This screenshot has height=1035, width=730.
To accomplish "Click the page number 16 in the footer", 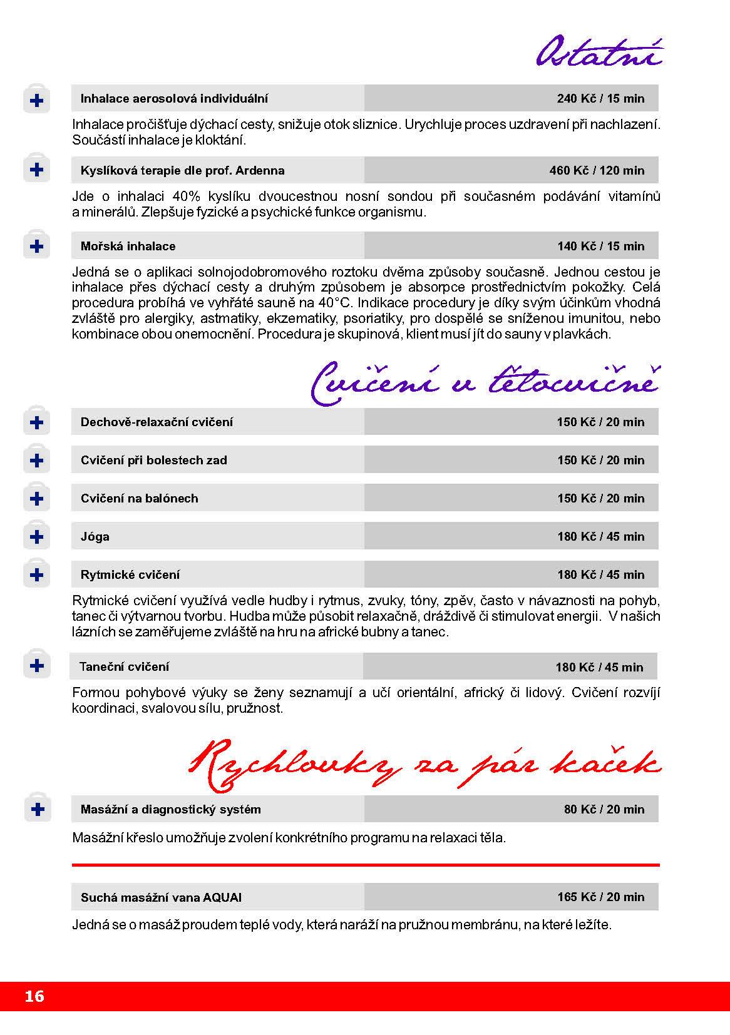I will tap(35, 996).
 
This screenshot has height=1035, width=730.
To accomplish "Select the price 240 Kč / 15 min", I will tap(600, 98).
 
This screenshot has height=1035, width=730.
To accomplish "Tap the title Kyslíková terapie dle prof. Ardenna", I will tap(182, 170).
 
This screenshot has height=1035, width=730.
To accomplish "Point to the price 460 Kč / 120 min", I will tap(596, 170).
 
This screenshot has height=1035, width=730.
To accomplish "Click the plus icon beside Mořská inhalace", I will tap(37, 246).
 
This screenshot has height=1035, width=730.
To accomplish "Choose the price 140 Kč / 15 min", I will tap(600, 246).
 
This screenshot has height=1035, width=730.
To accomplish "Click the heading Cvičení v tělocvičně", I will tap(485, 382).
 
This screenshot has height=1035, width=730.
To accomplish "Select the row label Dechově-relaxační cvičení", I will tap(157, 422).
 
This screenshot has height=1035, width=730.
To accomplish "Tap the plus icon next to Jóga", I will tap(37, 536).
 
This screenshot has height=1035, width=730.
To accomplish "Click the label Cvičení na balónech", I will tap(139, 498).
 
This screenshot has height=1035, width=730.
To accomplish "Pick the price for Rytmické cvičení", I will tap(600, 574).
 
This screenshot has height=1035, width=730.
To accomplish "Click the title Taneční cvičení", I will tap(124, 666).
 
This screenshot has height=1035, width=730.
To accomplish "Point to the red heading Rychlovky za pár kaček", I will tap(424, 766).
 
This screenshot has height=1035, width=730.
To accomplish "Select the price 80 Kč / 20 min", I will tap(604, 809).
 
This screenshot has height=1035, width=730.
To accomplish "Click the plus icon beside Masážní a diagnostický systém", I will tap(37, 809).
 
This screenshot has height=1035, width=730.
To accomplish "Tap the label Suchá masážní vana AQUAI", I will tap(161, 897).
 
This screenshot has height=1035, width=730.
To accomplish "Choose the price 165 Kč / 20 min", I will tap(600, 897).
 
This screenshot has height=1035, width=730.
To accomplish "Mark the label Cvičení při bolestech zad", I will tap(153, 460).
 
